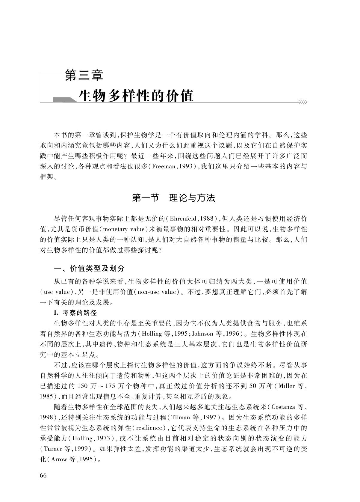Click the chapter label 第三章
pos(84,76)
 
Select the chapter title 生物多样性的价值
pos(136,96)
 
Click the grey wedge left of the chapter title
pos(64,100)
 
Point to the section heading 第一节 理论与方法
pos(174,198)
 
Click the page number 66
pos(43,476)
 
